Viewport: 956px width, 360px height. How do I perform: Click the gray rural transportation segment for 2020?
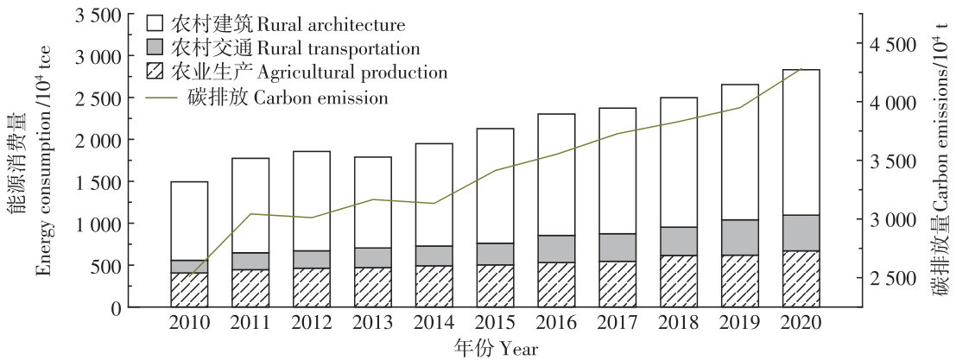(800, 233)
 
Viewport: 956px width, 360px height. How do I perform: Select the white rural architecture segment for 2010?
(189, 220)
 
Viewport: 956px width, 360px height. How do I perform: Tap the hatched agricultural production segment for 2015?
(495, 286)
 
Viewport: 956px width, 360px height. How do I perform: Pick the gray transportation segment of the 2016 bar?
(556, 249)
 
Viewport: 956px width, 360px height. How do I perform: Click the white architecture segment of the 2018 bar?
(678, 162)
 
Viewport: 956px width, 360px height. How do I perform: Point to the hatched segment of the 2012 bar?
(311, 287)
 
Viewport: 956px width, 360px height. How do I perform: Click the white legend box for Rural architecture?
(156, 22)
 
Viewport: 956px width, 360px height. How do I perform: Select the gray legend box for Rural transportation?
(156, 47)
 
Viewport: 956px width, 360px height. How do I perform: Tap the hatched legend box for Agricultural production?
(156, 73)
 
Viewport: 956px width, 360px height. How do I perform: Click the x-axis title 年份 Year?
(496, 348)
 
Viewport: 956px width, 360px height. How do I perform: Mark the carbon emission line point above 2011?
(250, 214)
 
